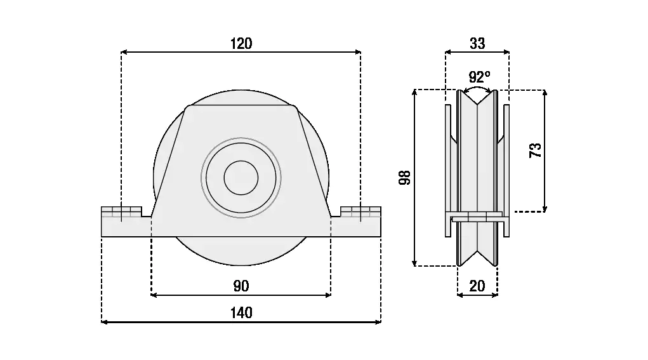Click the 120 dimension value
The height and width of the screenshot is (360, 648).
241,43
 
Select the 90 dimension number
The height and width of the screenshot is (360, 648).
241,286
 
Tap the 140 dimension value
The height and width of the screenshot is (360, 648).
241,312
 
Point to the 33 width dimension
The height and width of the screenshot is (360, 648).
477,43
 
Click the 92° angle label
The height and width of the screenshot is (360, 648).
479,77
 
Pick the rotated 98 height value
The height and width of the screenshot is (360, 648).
405,178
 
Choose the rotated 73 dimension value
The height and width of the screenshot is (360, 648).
536,150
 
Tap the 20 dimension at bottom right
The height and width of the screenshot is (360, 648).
477,286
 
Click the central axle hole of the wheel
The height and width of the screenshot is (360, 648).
241,178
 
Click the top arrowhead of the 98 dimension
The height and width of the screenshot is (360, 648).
414,93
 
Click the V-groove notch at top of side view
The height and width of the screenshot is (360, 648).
477,99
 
